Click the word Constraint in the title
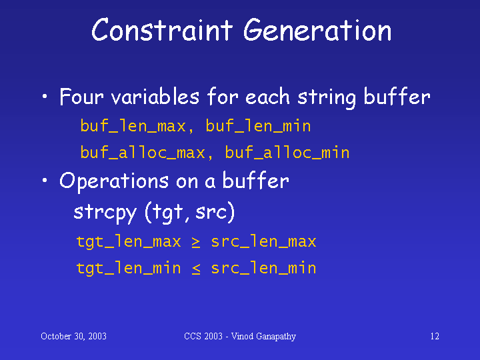(162, 30)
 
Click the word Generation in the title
(317, 30)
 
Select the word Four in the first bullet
(81, 97)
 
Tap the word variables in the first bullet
(155, 97)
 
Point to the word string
(327, 98)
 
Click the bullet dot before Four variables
(45, 97)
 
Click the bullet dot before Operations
(45, 180)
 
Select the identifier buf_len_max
(133, 126)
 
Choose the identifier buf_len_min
(258, 126)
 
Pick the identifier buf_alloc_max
(143, 152)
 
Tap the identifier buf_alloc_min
(287, 152)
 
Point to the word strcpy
(105, 213)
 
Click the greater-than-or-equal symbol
(196, 242)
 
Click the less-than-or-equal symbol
(196, 269)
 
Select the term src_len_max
(263, 241)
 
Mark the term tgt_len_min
(129, 268)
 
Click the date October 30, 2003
(73, 337)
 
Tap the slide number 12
(435, 337)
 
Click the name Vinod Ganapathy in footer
(263, 337)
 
